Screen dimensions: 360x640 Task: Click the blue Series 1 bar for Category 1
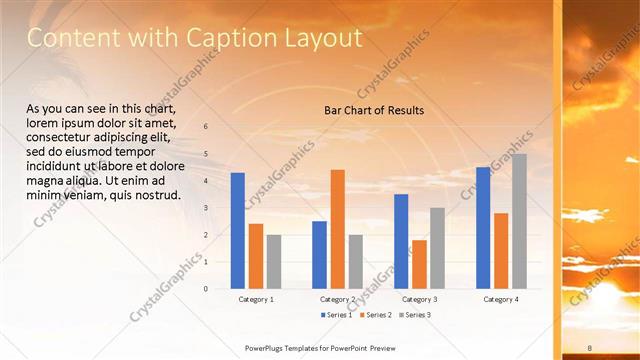pyautogui.click(x=238, y=231)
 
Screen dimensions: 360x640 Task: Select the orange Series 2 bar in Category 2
pyautogui.click(x=337, y=229)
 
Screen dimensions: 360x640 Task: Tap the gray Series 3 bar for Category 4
pyautogui.click(x=519, y=221)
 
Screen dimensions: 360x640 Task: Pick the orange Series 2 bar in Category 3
pyautogui.click(x=419, y=264)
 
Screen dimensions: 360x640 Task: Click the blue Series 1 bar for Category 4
pyautogui.click(x=483, y=228)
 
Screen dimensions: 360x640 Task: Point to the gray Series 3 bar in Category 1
pyautogui.click(x=274, y=262)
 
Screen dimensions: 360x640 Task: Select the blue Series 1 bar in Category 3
pyautogui.click(x=401, y=241)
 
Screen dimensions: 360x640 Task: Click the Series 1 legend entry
pyautogui.click(x=336, y=314)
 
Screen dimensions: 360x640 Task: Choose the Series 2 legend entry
pyautogui.click(x=374, y=314)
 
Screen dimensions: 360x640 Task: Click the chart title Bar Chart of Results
pyautogui.click(x=374, y=110)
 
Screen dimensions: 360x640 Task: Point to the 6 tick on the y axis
pyautogui.click(x=205, y=127)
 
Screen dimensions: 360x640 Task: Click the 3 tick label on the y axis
pyautogui.click(x=205, y=208)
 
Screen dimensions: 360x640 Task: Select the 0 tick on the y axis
pyautogui.click(x=205, y=289)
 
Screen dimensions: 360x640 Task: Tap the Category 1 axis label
pyautogui.click(x=256, y=299)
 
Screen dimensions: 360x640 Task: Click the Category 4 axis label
pyautogui.click(x=501, y=299)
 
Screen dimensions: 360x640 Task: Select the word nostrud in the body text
pyautogui.click(x=158, y=195)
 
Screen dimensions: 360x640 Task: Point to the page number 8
pyautogui.click(x=590, y=347)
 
